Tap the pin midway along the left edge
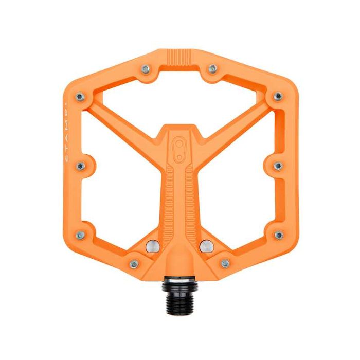(81, 166)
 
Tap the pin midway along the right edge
(278, 166)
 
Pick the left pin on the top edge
(146, 68)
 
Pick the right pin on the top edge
(212, 68)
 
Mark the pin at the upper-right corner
(278, 96)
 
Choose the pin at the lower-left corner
(80, 235)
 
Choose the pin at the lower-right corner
(278, 235)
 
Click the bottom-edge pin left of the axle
(134, 263)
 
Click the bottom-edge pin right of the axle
(225, 263)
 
